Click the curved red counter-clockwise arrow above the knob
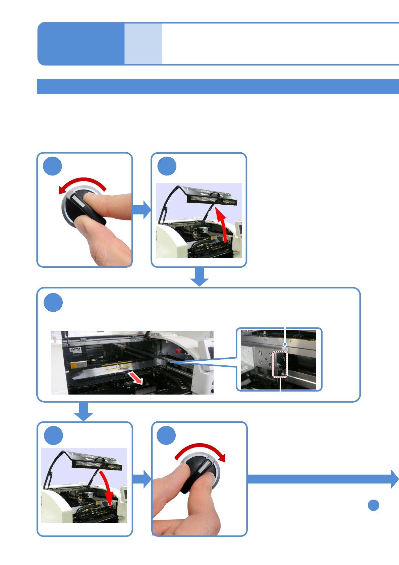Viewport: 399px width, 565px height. [x=82, y=183]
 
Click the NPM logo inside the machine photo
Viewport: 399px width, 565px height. [x=76, y=350]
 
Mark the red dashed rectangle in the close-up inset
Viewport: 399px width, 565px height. [x=280, y=364]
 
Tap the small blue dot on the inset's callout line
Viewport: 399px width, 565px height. [x=285, y=344]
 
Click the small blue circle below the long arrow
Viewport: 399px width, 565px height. [x=373, y=505]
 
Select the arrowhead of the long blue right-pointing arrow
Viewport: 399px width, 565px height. [x=395, y=479]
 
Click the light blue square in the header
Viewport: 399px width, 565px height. [x=143, y=44]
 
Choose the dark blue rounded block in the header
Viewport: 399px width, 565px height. [x=81, y=44]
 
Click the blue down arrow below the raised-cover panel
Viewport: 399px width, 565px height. [x=199, y=277]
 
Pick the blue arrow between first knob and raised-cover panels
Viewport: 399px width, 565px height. [x=142, y=210]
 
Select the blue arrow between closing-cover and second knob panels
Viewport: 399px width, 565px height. [x=142, y=479]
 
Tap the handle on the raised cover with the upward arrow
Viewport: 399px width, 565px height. [x=214, y=194]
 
